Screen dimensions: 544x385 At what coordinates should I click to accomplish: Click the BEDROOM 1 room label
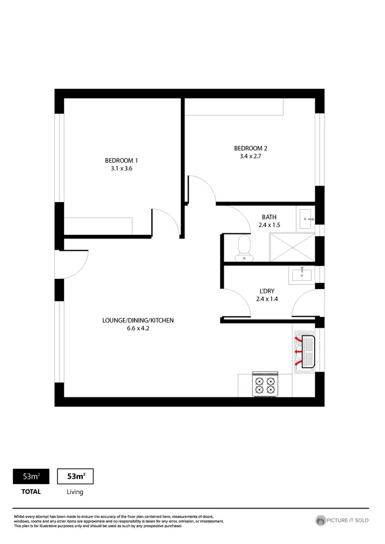pos(122,160)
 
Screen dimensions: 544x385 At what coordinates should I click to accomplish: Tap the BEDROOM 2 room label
pos(251,149)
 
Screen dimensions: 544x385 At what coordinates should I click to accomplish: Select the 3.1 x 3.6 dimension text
pos(122,168)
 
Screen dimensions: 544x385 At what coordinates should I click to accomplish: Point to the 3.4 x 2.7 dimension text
pos(251,157)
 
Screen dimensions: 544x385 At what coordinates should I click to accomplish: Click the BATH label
pos(268,217)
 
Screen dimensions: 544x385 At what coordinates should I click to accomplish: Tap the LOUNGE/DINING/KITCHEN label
pos(138,320)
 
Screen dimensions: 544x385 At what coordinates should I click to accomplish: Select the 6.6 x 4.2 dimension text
pos(138,329)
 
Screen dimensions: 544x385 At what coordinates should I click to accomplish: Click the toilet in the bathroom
pos(243,247)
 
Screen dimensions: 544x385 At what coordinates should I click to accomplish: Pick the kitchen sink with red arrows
pos(307,352)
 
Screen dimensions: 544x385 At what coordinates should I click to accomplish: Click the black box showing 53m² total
pos(31,476)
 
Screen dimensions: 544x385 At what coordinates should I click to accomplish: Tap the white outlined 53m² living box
pos(75,476)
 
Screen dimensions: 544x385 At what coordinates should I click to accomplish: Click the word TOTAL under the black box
pos(31,492)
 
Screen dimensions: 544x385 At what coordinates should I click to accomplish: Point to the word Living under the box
pos(75,492)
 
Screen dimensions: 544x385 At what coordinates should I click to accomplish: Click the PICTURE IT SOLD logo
pos(342,520)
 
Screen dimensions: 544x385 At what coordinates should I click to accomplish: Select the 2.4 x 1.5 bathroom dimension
pos(268,226)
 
